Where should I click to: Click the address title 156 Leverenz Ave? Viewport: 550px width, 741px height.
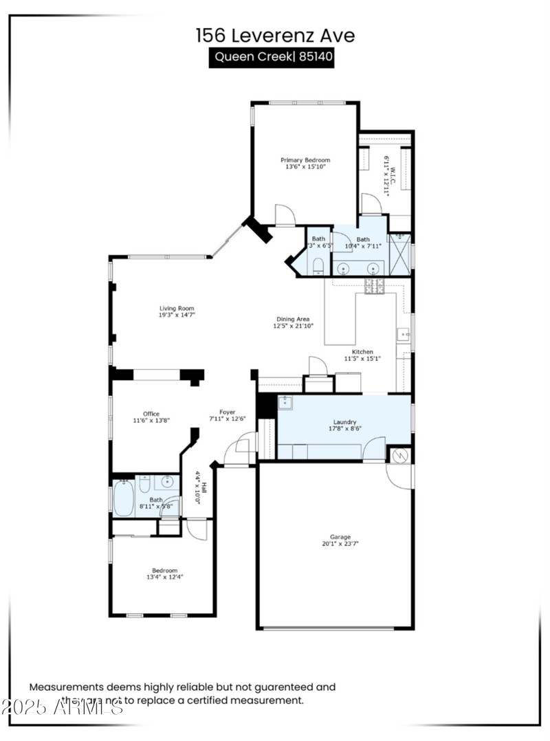(x=275, y=35)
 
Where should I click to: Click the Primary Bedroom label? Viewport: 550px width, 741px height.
(x=305, y=160)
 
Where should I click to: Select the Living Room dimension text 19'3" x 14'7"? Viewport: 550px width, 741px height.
(x=177, y=315)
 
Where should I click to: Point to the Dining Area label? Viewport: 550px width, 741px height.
(x=293, y=319)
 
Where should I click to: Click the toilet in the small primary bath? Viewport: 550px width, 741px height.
(x=318, y=266)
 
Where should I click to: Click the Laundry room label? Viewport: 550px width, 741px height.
(x=344, y=423)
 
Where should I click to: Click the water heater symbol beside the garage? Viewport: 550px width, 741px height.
(x=400, y=454)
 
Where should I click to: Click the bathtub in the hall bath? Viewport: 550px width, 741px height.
(x=123, y=498)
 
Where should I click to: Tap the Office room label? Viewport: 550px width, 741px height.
(x=151, y=414)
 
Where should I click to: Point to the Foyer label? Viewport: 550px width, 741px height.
(x=228, y=412)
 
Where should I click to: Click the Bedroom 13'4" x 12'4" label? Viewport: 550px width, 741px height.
(x=165, y=570)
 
